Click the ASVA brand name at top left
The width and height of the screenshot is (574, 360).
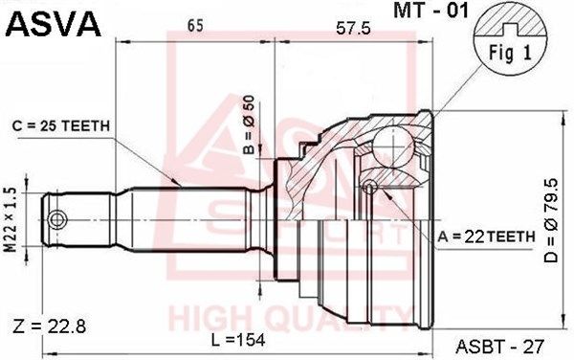(x=53, y=24)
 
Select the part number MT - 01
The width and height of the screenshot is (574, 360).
(x=430, y=11)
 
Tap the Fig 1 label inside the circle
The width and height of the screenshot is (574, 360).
(x=510, y=54)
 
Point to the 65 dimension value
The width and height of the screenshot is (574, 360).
(x=195, y=26)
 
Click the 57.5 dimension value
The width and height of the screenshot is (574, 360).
(x=353, y=28)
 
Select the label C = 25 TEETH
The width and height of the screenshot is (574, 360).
(x=61, y=126)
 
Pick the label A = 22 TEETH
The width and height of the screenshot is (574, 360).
(x=487, y=236)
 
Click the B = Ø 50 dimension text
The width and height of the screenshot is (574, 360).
(x=249, y=124)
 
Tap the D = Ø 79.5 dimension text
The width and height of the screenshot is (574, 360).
(x=551, y=220)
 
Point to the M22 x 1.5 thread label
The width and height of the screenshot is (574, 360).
(x=11, y=220)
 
